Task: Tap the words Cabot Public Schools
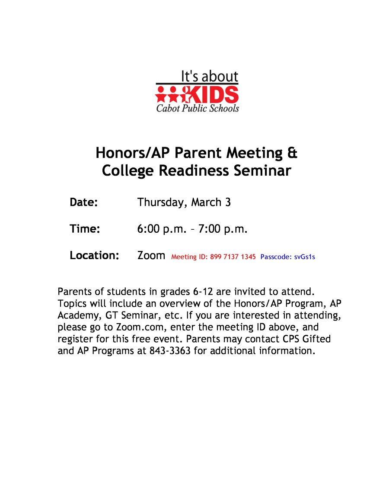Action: tap(198, 108)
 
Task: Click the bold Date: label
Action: tap(84, 202)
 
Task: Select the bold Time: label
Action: tap(85, 229)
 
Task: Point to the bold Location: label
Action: tap(94, 256)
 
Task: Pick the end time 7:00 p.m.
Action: tap(223, 229)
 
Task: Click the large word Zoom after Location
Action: tap(151, 256)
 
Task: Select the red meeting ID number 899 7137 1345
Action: tap(233, 257)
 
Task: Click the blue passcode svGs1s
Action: tap(305, 257)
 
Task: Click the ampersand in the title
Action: tap(292, 153)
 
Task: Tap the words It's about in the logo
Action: tap(209, 77)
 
